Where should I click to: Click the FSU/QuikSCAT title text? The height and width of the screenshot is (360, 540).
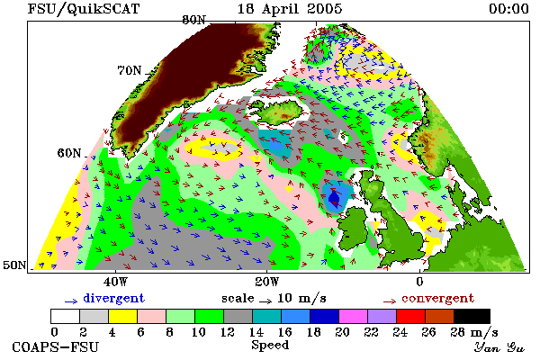(x=84, y=9)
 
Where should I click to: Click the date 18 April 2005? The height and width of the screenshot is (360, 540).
(x=290, y=9)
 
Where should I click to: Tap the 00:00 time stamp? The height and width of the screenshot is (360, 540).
(x=508, y=9)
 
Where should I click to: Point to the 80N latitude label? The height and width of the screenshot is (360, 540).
(x=193, y=20)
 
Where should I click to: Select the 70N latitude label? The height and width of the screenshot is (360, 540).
(x=130, y=70)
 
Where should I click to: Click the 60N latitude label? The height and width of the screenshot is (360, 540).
(x=69, y=153)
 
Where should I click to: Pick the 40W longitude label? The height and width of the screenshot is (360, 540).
(x=115, y=282)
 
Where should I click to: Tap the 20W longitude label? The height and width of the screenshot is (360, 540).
(x=267, y=282)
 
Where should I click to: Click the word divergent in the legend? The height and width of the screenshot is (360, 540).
(x=113, y=298)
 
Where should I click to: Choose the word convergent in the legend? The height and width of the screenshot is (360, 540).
(x=437, y=298)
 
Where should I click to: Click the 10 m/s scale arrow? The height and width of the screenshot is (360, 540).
(x=265, y=301)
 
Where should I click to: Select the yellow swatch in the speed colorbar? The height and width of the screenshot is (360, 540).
(x=122, y=316)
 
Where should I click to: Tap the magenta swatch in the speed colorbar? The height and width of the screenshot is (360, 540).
(x=353, y=316)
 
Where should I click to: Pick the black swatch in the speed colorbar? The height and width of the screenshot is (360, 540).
(x=472, y=316)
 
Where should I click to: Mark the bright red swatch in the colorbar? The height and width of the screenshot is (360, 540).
(x=410, y=316)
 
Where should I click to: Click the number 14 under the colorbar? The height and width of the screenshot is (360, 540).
(x=256, y=332)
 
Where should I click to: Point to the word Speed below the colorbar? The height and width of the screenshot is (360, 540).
(x=270, y=346)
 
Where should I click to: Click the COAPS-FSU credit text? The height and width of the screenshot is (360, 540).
(x=55, y=346)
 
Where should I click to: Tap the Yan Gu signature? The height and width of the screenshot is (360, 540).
(x=499, y=347)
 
